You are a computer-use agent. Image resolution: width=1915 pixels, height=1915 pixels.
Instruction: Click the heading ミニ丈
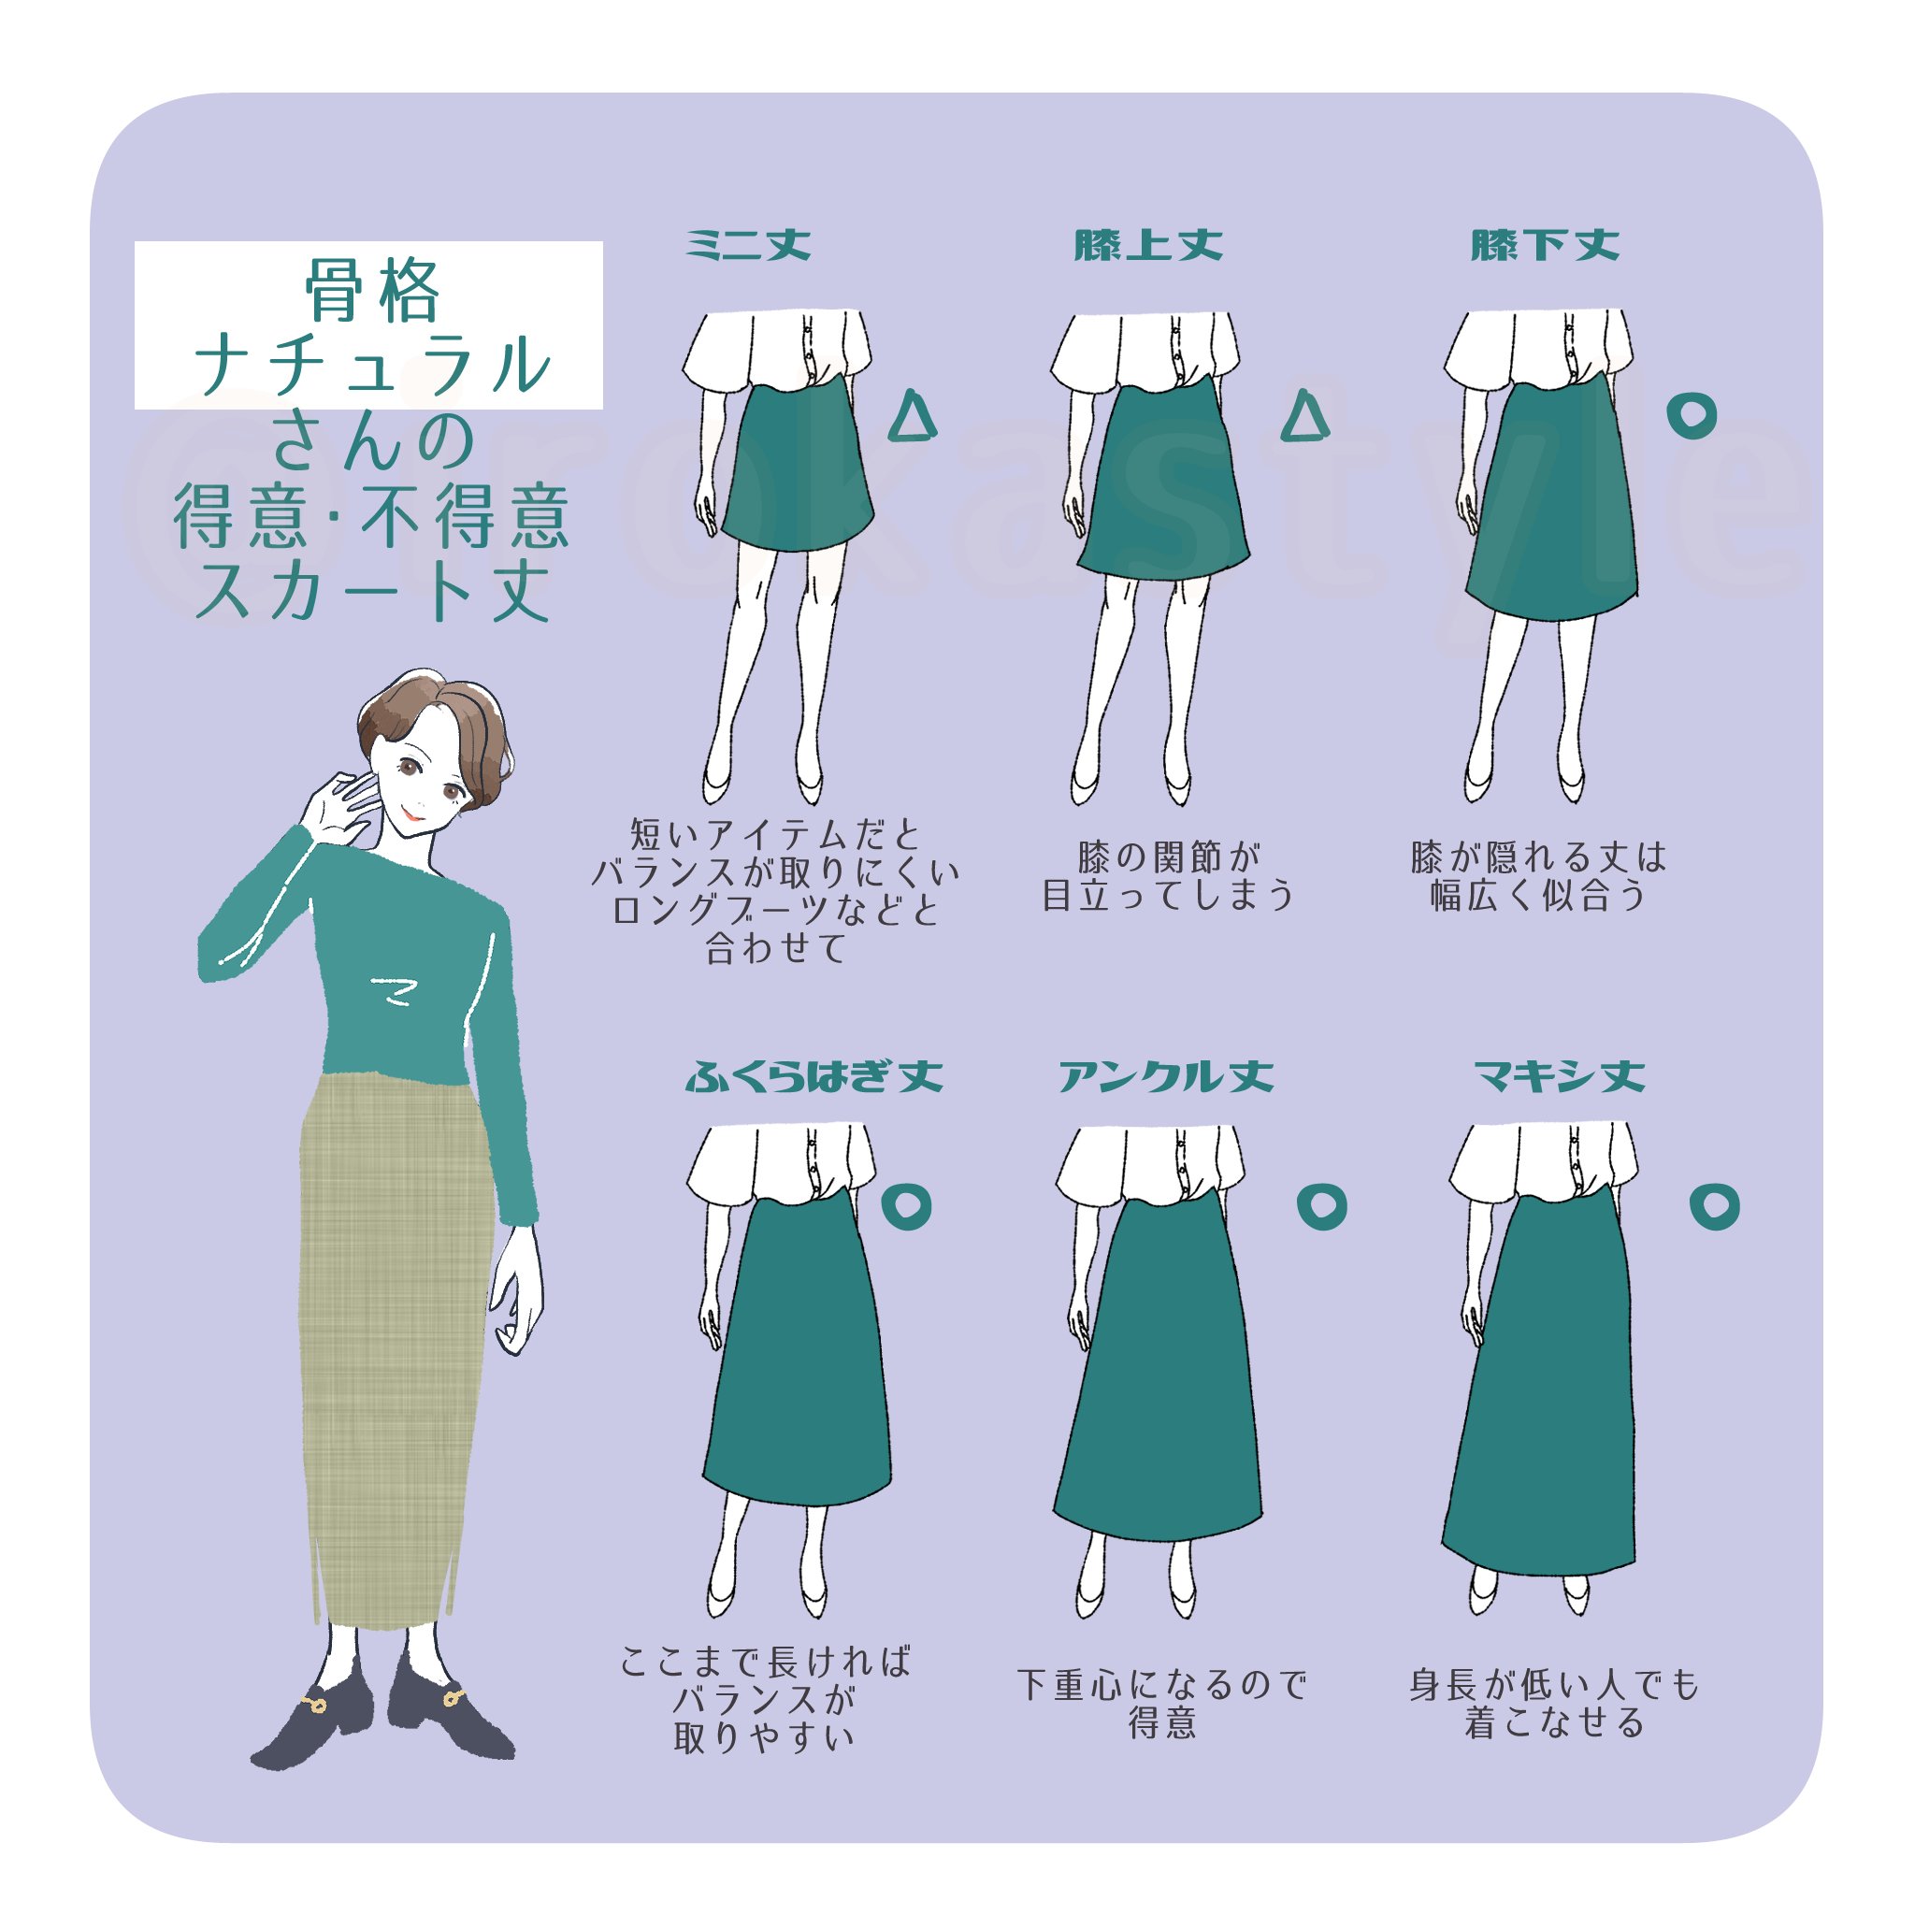pos(748,245)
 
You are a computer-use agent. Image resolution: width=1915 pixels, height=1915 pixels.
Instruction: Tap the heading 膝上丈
pos(1148,245)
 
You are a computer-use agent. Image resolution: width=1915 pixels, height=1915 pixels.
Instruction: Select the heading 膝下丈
pos(1545,245)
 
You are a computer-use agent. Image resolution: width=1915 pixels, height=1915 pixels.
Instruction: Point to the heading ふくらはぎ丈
pos(814,1076)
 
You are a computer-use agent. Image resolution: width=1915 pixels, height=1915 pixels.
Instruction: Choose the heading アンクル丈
pos(1166,1076)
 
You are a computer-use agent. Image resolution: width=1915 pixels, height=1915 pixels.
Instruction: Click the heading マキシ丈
pos(1559,1076)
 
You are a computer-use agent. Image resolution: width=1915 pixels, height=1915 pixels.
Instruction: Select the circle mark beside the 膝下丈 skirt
pos(1691,415)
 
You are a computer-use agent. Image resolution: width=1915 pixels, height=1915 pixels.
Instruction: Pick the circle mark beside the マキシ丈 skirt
pos(1714,1206)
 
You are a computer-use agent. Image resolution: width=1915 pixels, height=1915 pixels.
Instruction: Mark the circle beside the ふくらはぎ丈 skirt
pos(906,1206)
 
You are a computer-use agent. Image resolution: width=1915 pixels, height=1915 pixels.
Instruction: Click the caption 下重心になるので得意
pos(1161,1704)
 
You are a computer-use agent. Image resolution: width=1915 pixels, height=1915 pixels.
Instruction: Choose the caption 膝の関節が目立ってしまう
pos(1168,876)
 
